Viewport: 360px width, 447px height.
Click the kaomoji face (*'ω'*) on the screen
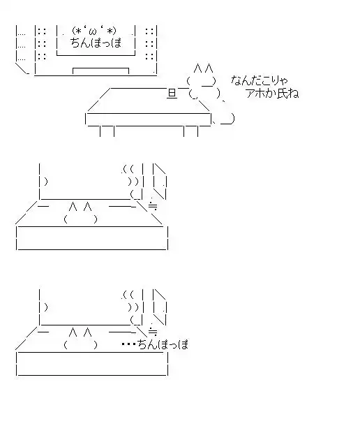(94, 31)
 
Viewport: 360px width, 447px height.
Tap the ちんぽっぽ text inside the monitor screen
(96, 43)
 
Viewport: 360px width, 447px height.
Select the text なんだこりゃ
(259, 81)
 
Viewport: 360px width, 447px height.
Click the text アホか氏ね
(272, 93)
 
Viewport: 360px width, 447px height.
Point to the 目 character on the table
(172, 94)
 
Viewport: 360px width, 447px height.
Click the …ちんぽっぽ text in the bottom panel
(155, 344)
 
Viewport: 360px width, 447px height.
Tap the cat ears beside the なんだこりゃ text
(203, 68)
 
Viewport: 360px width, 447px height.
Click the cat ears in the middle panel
(80, 206)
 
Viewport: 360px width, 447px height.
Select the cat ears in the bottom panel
(80, 332)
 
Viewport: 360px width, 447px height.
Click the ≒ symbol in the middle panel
(153, 206)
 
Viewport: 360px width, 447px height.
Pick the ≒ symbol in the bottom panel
(153, 332)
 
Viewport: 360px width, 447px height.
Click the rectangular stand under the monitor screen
(101, 71)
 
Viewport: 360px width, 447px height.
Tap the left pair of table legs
(107, 131)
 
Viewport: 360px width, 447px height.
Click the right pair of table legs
(191, 131)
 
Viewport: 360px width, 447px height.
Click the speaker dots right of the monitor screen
(149, 44)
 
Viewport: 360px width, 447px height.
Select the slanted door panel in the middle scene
(159, 181)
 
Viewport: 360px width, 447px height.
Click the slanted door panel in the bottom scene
(159, 307)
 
